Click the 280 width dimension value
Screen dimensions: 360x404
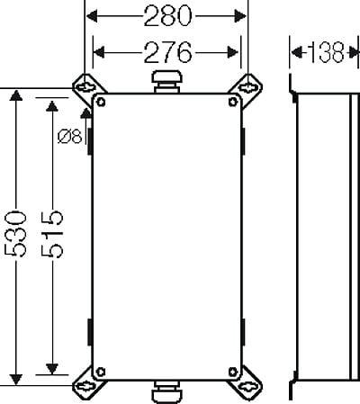point(167,16)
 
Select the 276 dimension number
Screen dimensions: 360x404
point(167,52)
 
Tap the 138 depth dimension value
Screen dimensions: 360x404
point(326,53)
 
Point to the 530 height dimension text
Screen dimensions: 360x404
point(15,234)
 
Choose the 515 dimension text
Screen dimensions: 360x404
point(52,234)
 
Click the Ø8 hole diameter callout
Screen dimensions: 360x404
point(69,137)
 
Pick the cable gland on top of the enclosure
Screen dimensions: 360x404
point(167,82)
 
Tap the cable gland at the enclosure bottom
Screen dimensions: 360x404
point(166,391)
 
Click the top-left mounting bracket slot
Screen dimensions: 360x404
point(85,87)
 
